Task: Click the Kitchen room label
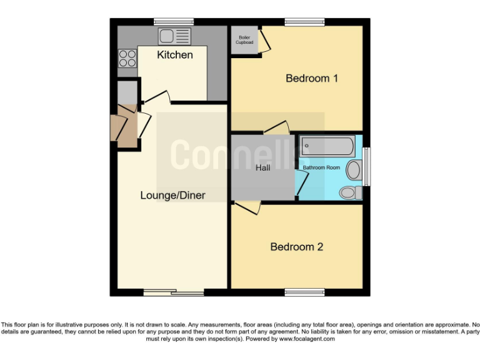174,55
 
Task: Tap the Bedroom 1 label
312,78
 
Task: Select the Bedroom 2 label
296,247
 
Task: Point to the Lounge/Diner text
172,196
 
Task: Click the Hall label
263,168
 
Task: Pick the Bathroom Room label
321,168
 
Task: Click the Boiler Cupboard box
244,40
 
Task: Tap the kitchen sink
174,36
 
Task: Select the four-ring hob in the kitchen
127,58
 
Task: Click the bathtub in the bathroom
327,147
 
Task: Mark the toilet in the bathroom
354,192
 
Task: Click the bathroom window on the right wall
367,166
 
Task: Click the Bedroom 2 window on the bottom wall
305,292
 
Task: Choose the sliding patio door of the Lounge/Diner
173,292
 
